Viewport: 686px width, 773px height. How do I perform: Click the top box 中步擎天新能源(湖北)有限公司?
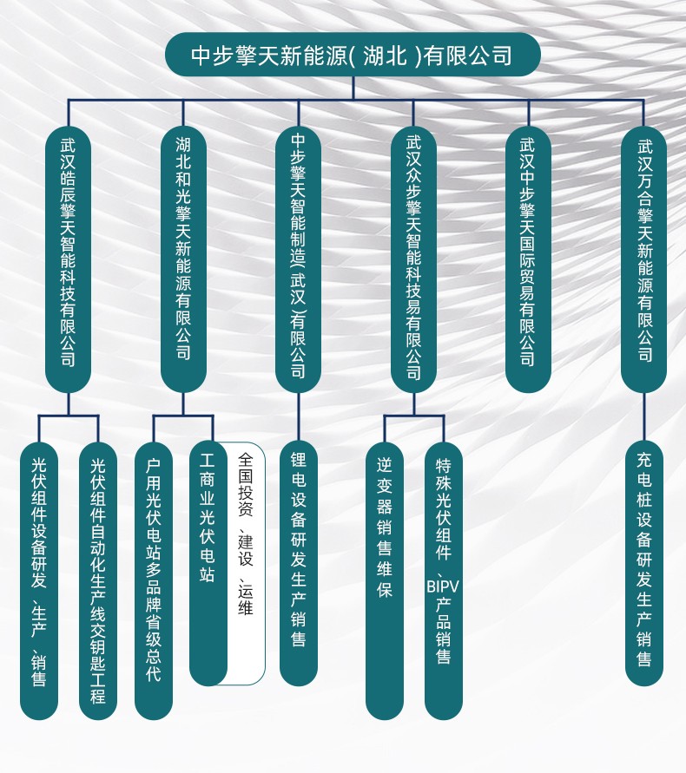353,55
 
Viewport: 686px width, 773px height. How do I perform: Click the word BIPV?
443,587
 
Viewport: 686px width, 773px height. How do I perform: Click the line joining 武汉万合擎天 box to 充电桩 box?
643,417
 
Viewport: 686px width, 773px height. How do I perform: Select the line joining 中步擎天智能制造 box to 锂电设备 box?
298,417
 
